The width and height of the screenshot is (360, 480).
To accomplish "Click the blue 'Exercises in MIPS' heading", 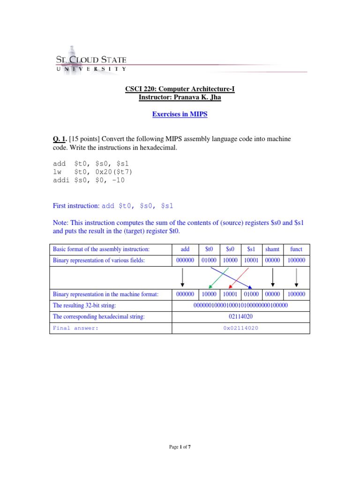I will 180,115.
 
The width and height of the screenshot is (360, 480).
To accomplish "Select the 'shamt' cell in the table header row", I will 272,249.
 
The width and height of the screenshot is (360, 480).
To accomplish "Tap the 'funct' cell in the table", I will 296,249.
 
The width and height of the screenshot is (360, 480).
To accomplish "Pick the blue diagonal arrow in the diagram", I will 230,278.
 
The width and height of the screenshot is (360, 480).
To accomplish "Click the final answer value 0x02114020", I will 240,328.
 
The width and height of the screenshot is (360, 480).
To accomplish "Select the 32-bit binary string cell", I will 240,306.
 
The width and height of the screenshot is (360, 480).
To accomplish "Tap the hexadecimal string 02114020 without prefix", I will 240,317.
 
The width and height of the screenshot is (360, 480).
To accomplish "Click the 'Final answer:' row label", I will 75,328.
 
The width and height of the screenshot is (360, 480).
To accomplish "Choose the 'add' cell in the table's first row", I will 185,249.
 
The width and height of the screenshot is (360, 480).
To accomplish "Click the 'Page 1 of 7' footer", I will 180,447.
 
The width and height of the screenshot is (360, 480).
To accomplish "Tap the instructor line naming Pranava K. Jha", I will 180,97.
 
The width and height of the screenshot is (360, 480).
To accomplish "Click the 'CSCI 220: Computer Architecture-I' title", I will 180,89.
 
